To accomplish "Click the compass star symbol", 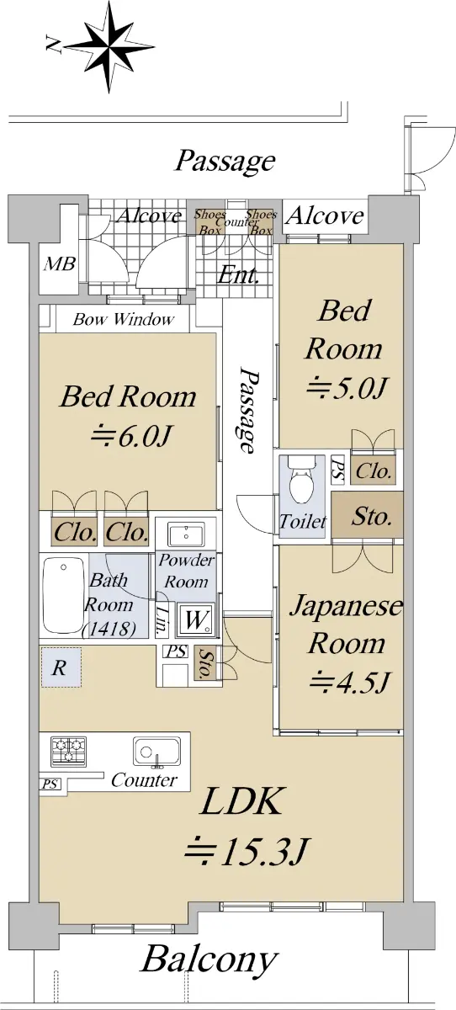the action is click(109, 46).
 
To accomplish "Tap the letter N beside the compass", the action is click(54, 46).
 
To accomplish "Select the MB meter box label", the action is click(60, 263).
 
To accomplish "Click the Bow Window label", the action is click(124, 320).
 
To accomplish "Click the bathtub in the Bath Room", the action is click(64, 596).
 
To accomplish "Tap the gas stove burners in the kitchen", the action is click(68, 751).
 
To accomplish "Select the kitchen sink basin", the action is click(156, 751).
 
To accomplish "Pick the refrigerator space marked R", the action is click(61, 667).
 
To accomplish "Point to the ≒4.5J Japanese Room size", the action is click(349, 683).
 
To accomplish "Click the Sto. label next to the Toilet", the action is click(371, 516).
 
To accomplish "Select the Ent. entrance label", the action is click(238, 274).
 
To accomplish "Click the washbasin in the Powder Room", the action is click(186, 534).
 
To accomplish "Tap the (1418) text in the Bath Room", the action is click(109, 629).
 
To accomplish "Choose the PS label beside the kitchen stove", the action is click(50, 784).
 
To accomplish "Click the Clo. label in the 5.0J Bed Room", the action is click(373, 471).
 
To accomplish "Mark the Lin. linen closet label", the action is click(162, 621).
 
